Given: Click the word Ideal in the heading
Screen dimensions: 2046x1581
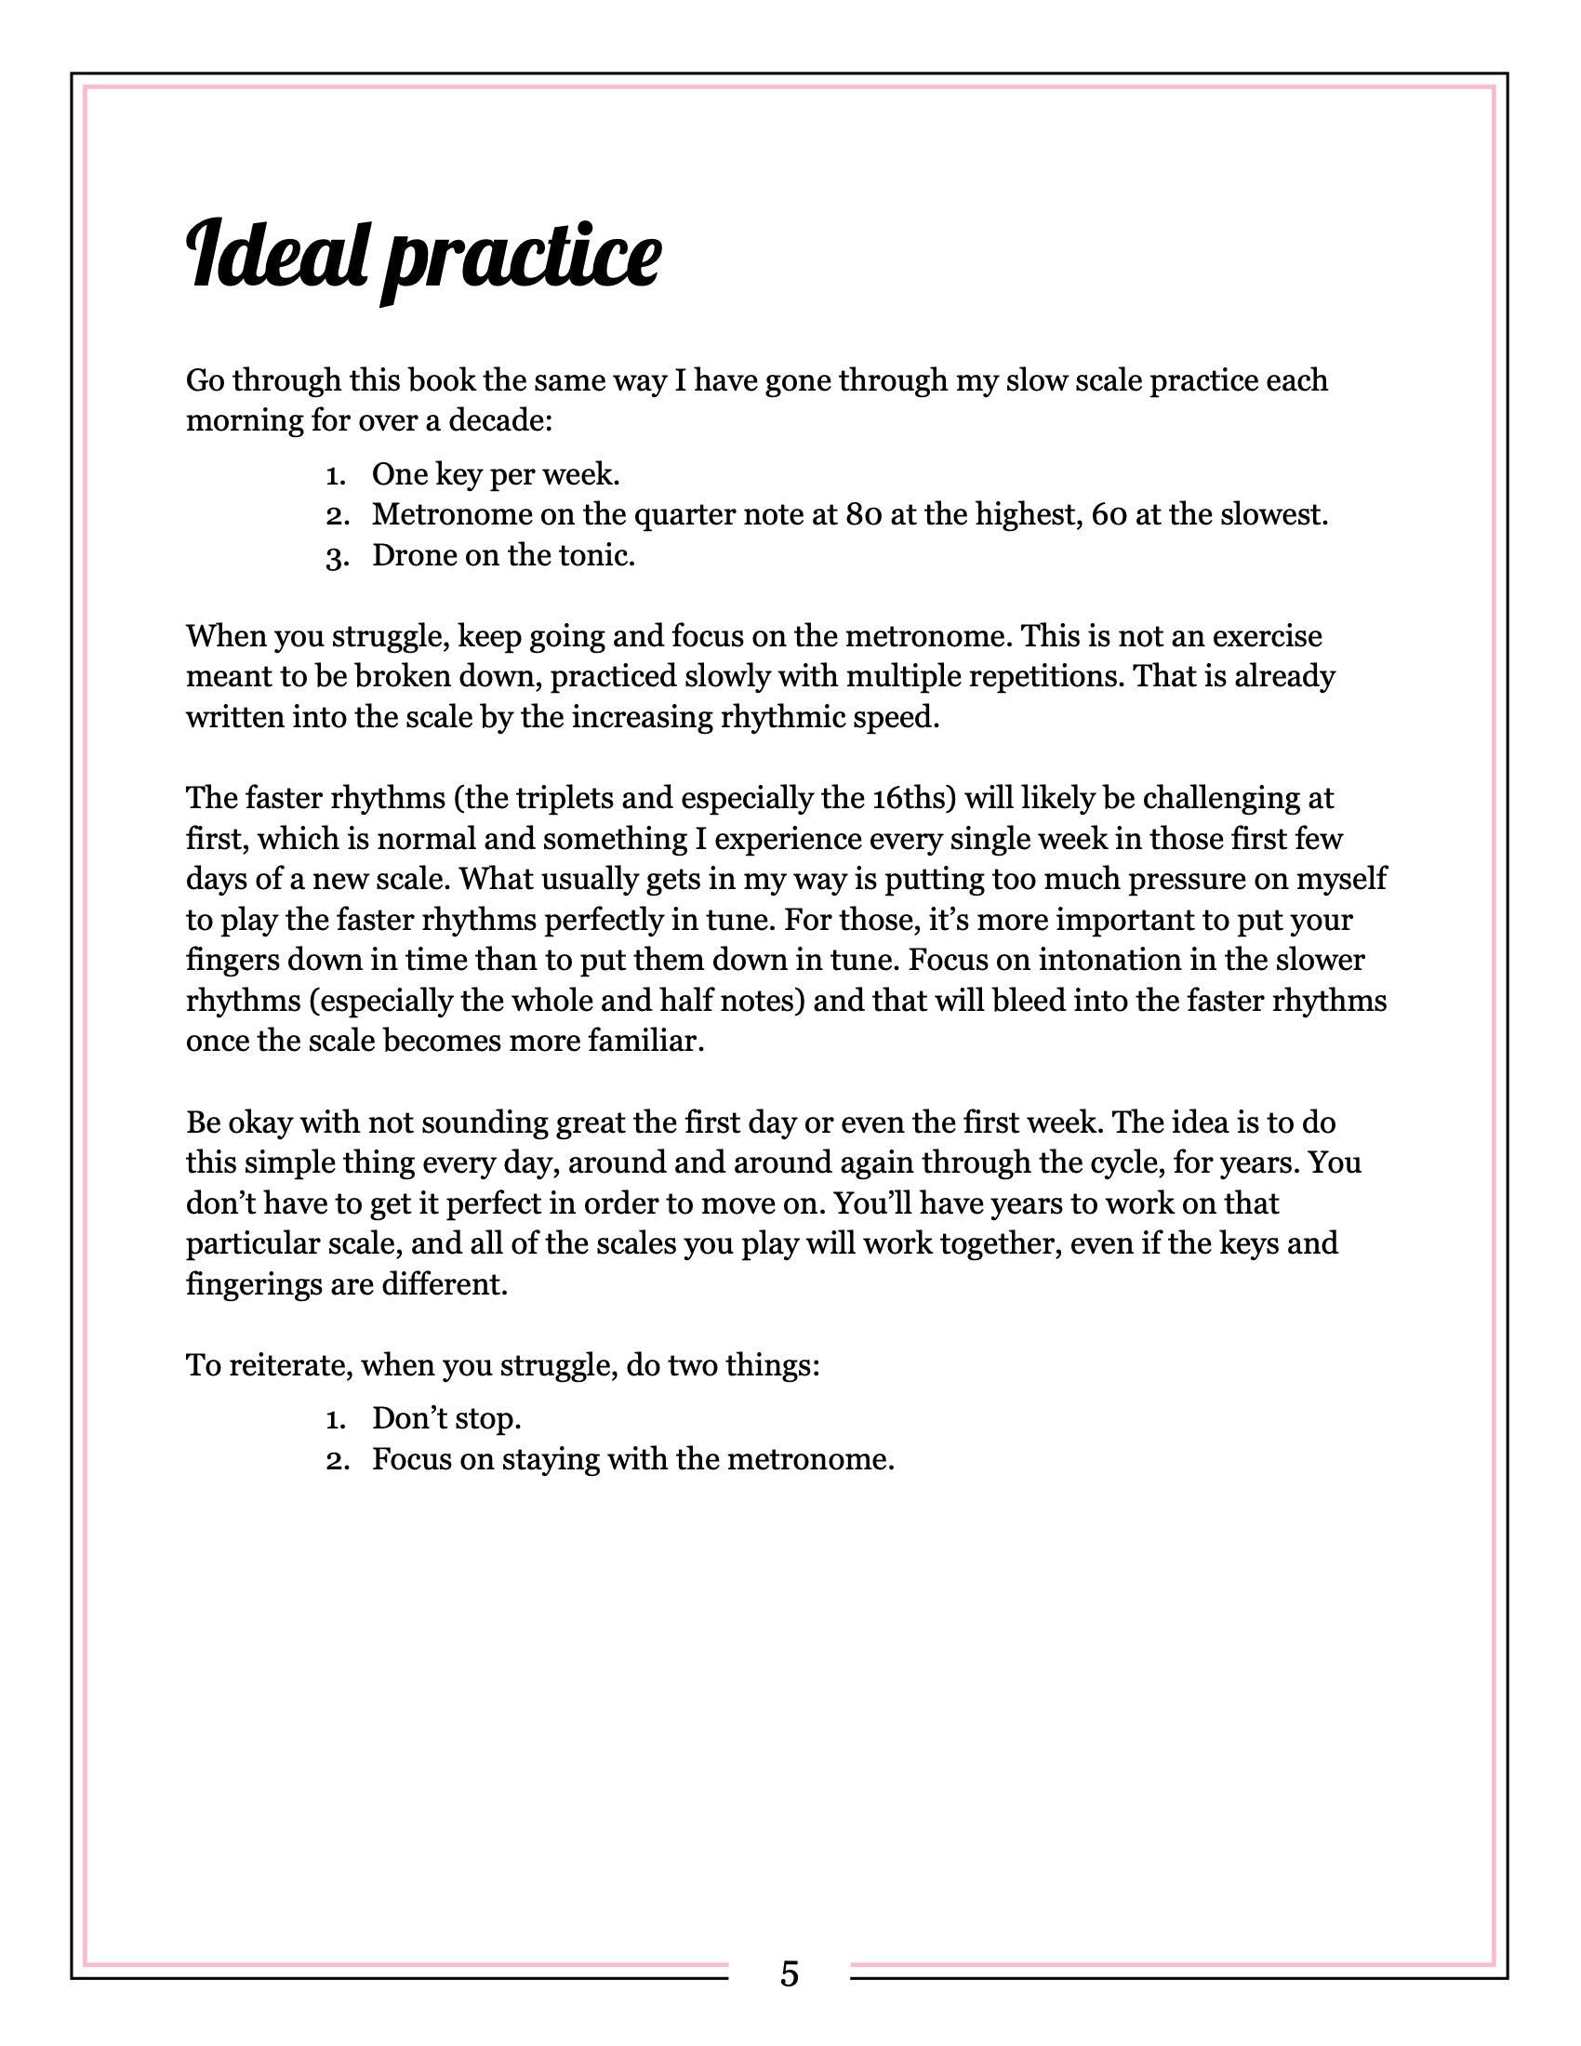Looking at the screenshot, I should [277, 255].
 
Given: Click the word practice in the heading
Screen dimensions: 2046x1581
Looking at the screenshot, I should [521, 259].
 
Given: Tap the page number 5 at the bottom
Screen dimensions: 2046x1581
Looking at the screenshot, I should [789, 1973].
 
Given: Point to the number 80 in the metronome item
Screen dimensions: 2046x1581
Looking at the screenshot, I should [863, 514].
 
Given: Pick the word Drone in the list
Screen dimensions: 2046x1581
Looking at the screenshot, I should [413, 555].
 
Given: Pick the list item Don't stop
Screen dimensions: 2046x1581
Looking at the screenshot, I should [445, 1418].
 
